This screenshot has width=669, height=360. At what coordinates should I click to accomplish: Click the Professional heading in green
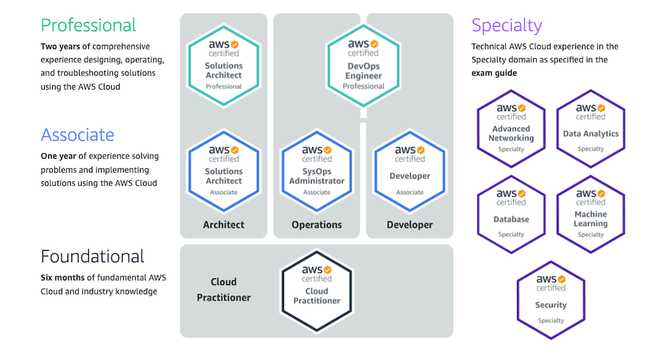coord(88,25)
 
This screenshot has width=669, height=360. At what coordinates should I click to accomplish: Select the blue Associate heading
coord(77,134)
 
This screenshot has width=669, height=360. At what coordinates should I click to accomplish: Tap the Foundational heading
coord(92,256)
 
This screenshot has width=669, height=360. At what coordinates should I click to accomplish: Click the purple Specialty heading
coord(506,25)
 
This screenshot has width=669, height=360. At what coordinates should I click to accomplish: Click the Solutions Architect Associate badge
coord(223,171)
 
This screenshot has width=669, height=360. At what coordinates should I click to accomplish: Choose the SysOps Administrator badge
coord(316,171)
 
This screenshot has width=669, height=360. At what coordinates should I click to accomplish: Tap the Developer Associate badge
coord(409,171)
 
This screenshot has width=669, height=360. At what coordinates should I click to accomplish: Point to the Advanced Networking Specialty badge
coord(511,128)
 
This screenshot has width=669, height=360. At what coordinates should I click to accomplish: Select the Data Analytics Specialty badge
coord(591,128)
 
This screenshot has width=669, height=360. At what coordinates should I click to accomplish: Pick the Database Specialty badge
coord(511,213)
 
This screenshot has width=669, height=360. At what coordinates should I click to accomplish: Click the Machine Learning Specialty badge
coord(591,213)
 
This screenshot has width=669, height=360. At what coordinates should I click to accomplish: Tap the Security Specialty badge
coord(551,299)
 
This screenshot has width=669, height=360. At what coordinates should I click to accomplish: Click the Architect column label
coord(223,225)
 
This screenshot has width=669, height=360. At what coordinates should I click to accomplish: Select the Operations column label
coord(316,225)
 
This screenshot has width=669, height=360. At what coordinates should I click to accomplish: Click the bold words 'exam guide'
coord(494,73)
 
